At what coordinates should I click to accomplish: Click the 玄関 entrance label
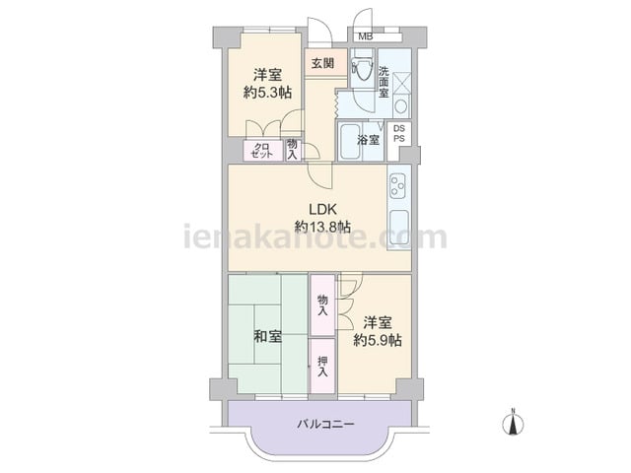(x=323, y=63)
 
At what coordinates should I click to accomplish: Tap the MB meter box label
(x=366, y=37)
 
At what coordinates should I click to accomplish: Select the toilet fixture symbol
(x=361, y=68)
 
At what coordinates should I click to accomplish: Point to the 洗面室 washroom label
(x=384, y=82)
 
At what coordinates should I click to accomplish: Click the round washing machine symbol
(x=401, y=107)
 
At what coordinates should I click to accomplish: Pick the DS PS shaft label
(x=399, y=134)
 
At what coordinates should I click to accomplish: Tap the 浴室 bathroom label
(x=368, y=140)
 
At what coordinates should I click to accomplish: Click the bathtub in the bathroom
(x=349, y=142)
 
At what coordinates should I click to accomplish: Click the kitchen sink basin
(x=399, y=228)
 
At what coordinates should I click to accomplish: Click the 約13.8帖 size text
(x=322, y=227)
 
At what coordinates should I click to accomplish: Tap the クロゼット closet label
(x=261, y=151)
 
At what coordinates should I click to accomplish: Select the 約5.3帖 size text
(x=267, y=93)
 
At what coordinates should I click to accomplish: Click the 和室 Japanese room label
(x=267, y=336)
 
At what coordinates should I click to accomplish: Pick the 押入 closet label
(x=322, y=367)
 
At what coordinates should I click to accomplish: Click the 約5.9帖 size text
(x=378, y=340)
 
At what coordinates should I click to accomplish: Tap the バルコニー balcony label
(x=326, y=424)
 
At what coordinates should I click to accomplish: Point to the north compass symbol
(x=513, y=423)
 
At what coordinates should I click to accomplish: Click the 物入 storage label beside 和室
(x=322, y=304)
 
